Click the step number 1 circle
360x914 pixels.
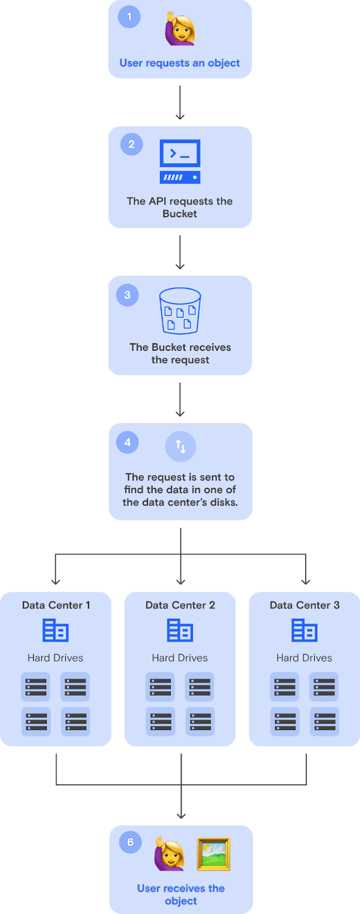(129, 17)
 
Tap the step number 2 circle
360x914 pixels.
(131, 145)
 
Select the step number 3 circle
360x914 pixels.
(127, 295)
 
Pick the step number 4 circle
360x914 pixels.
(127, 443)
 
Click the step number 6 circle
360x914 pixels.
(130, 842)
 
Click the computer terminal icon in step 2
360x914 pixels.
(180, 161)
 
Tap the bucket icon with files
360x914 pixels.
(180, 311)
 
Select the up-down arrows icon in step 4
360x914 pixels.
(181, 446)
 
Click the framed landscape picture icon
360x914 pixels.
(214, 854)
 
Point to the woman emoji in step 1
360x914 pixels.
(179, 29)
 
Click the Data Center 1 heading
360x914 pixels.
(56, 606)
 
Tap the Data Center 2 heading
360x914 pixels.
(180, 606)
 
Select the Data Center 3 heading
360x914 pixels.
(305, 606)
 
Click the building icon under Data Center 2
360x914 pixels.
(180, 631)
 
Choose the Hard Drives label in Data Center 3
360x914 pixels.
(304, 658)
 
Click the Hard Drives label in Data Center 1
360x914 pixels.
(55, 658)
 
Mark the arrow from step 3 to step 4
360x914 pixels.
(180, 399)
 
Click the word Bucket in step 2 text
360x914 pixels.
(179, 214)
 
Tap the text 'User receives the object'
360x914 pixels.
(181, 895)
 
